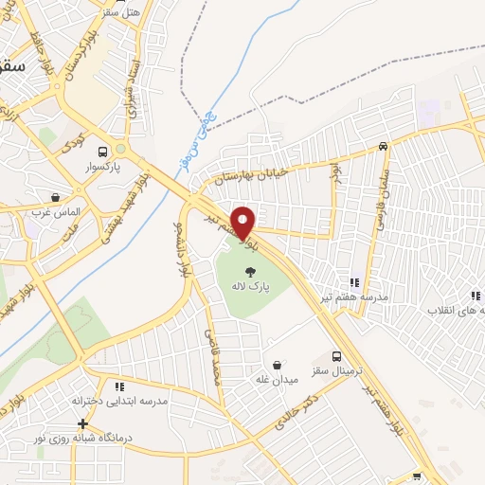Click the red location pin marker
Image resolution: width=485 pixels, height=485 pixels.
(x=243, y=223)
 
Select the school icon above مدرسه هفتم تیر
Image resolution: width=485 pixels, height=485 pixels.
(x=355, y=282)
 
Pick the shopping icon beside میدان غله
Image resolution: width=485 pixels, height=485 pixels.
(x=277, y=365)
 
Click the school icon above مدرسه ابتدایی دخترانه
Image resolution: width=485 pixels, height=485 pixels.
(x=119, y=386)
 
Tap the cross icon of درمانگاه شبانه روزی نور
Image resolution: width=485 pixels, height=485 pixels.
(x=83, y=422)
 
